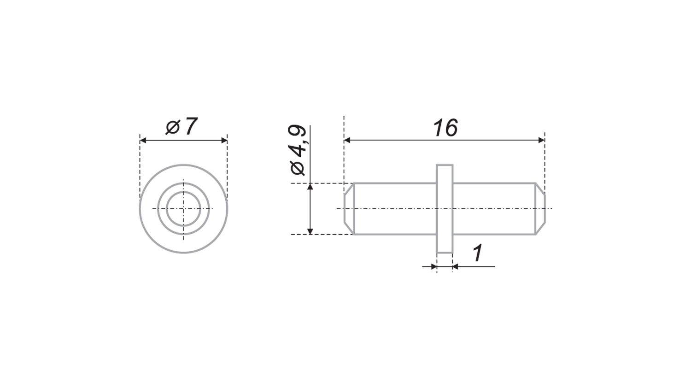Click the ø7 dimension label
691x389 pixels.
[182, 126]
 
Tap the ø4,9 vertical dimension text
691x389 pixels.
[298, 150]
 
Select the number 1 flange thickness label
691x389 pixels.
[478, 253]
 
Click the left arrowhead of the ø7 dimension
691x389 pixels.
[142, 141]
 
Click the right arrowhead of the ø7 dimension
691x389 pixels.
[224, 141]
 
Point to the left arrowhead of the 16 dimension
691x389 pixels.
[347, 140]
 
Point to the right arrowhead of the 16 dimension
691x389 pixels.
[541, 140]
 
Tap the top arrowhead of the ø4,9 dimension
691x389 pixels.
[310, 186]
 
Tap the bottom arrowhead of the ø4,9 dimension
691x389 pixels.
[310, 231]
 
